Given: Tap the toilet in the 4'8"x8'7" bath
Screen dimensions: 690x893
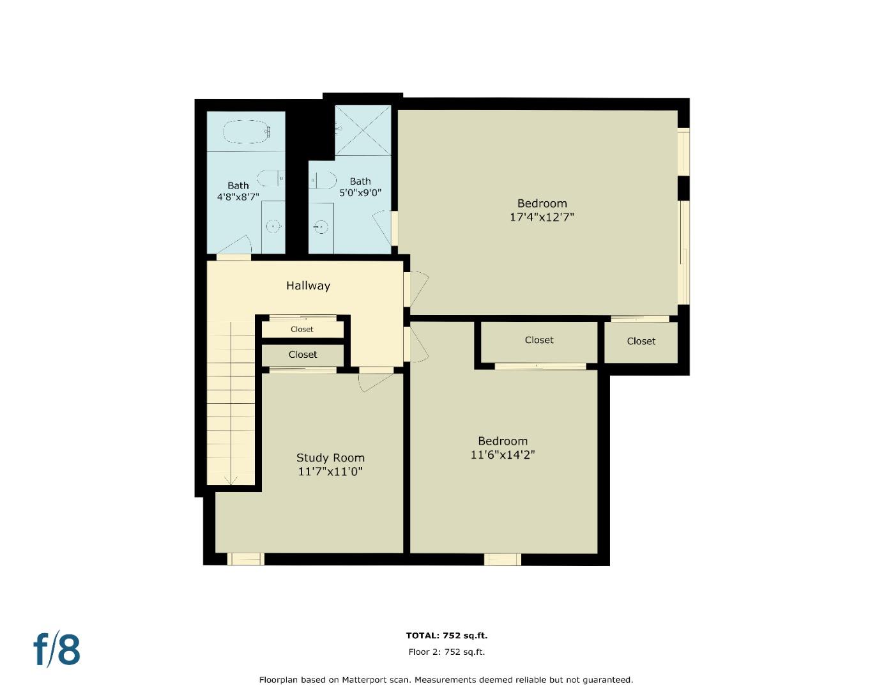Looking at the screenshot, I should pyautogui.click(x=271, y=178).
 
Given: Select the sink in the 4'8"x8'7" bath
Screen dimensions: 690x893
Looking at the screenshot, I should pyautogui.click(x=273, y=226).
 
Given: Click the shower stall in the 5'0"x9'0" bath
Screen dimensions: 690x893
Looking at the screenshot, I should pyautogui.click(x=362, y=130).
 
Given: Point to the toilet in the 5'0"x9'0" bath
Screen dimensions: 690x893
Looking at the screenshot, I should pyautogui.click(x=323, y=181).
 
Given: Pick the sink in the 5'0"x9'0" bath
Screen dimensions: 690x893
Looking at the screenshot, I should pyautogui.click(x=321, y=226).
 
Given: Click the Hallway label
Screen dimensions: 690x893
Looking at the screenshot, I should pyautogui.click(x=308, y=286).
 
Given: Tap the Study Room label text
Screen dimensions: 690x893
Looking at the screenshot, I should pyautogui.click(x=330, y=457).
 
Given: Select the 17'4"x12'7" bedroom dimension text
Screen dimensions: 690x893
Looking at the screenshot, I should pyautogui.click(x=542, y=217).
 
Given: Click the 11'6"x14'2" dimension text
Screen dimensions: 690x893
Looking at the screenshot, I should pyautogui.click(x=503, y=455).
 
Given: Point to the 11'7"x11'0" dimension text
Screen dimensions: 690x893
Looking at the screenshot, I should pyautogui.click(x=330, y=472).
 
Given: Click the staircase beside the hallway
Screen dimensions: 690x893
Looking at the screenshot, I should pyautogui.click(x=231, y=402).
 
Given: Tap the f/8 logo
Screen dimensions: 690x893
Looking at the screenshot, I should pyautogui.click(x=57, y=650).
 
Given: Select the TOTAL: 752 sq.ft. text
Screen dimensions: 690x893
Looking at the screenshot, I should pyautogui.click(x=446, y=635).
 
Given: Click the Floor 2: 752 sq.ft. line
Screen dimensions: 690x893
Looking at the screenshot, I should pyautogui.click(x=446, y=652).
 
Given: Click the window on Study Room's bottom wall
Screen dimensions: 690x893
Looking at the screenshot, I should pyautogui.click(x=245, y=559).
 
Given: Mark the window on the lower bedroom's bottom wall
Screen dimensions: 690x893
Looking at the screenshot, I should pyautogui.click(x=503, y=560).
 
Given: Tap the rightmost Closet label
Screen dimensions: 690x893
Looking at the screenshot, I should pyautogui.click(x=641, y=341).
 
